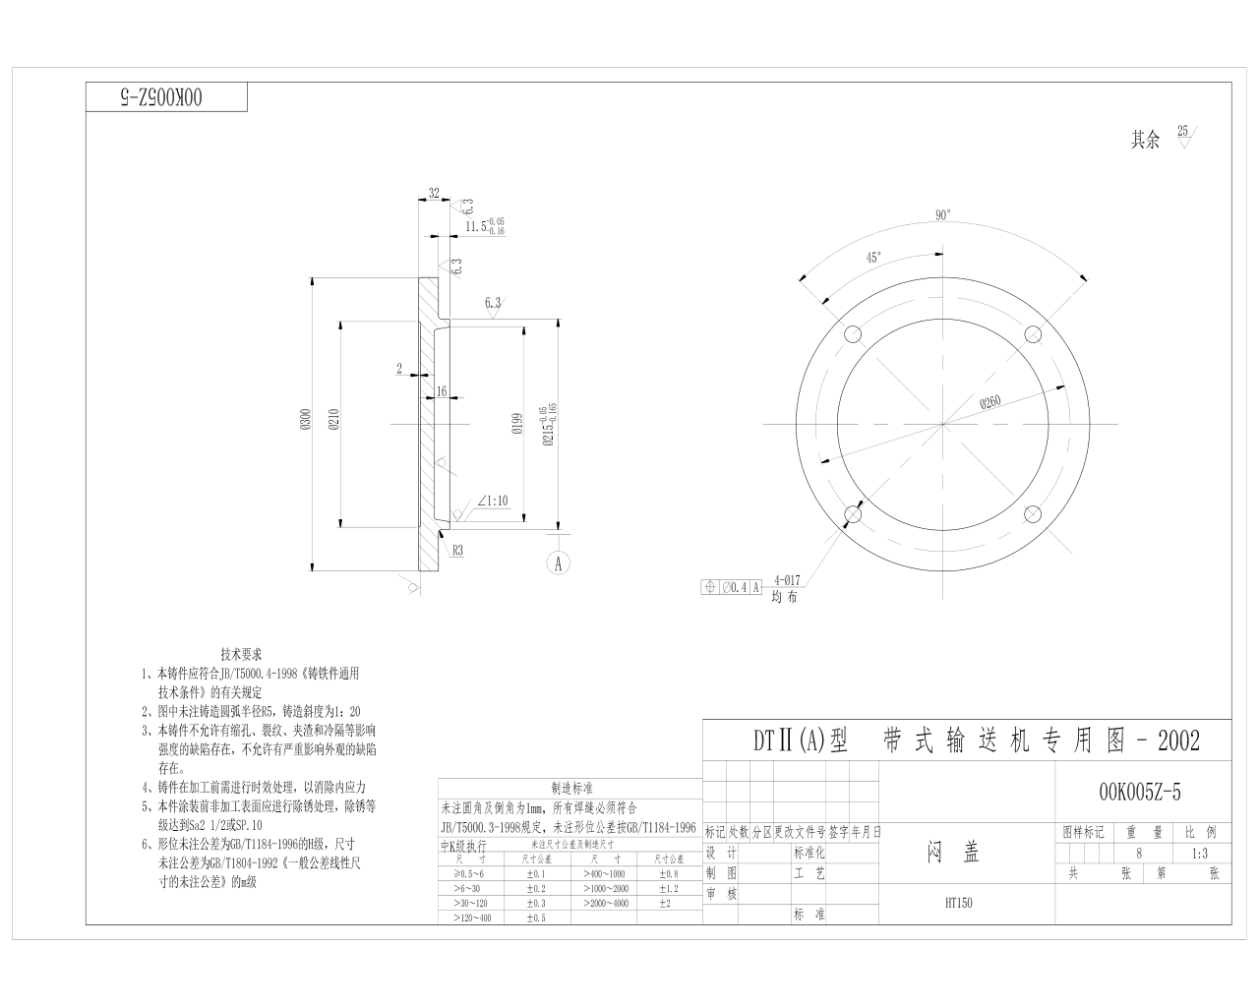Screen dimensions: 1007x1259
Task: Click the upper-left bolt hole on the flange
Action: tap(852, 334)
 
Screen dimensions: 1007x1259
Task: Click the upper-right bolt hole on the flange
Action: tap(1033, 334)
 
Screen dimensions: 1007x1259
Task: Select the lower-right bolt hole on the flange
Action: tap(1033, 514)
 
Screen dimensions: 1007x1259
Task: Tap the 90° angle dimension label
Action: tap(942, 215)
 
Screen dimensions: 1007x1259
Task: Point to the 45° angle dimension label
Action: tap(873, 258)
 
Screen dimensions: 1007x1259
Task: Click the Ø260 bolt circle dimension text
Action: tap(990, 401)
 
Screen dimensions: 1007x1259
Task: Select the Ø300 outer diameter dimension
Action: tap(305, 422)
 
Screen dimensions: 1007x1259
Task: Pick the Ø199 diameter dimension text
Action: tap(515, 424)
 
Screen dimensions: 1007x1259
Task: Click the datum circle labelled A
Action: tap(558, 563)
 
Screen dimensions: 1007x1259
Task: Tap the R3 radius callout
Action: tap(458, 552)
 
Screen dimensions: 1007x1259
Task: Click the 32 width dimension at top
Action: tap(434, 194)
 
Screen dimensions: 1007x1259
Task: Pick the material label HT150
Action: tap(958, 903)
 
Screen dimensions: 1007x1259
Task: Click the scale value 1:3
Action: tap(1198, 853)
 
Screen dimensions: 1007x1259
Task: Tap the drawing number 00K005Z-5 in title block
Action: tap(1139, 793)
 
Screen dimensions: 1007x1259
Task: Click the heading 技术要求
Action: tap(241, 654)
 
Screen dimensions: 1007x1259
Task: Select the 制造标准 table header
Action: tap(571, 789)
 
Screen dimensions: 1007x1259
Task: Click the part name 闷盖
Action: tap(953, 853)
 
